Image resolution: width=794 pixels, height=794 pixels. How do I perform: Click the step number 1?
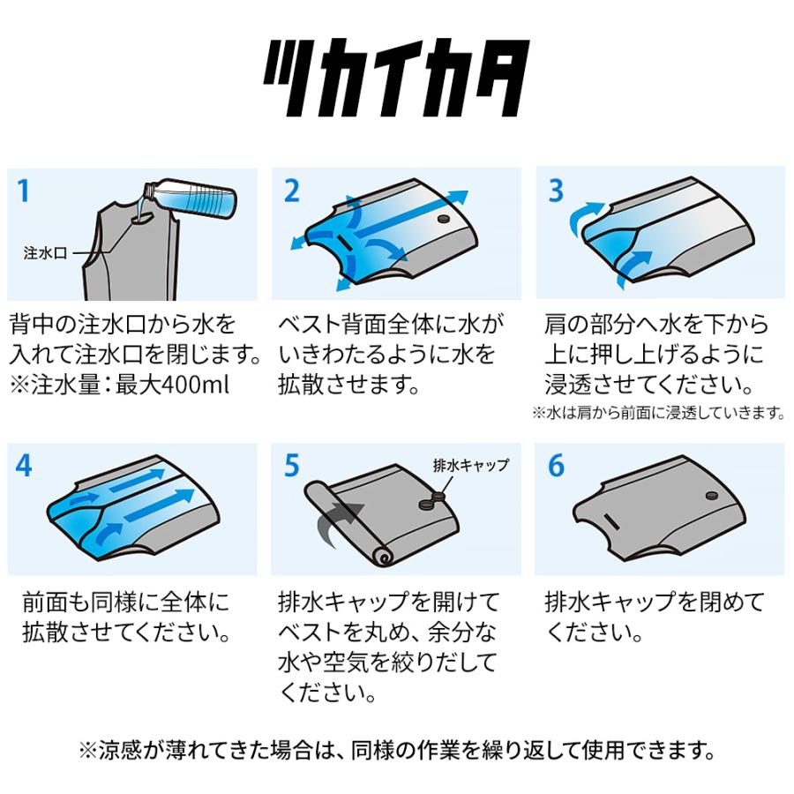[x=25, y=190]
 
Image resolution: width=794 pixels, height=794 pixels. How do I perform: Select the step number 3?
[x=556, y=190]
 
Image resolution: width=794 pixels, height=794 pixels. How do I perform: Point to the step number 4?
[x=25, y=466]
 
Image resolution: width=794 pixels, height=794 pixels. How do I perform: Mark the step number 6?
[x=556, y=466]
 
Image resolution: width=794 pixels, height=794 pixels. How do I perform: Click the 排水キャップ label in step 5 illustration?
[x=471, y=464]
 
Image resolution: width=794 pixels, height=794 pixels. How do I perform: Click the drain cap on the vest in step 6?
[x=710, y=498]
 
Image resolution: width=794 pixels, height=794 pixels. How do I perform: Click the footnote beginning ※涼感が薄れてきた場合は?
[x=397, y=752]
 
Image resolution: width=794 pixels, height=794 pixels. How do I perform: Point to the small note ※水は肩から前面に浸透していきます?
[x=658, y=412]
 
